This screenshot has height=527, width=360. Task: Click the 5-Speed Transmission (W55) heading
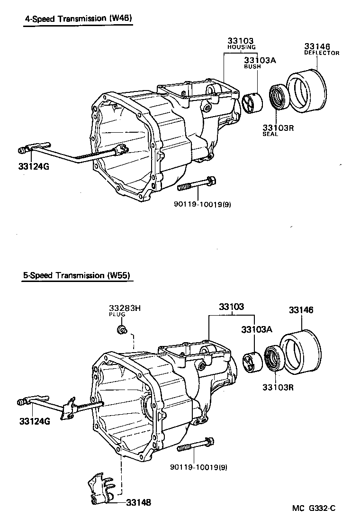tap(76, 275)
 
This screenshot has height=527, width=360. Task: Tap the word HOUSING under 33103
tap(241, 47)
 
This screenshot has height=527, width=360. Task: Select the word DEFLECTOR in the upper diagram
tap(321, 53)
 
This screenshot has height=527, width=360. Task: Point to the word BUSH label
tap(252, 67)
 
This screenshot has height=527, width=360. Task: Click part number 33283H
tap(125, 308)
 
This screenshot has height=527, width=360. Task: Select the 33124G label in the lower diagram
tap(35, 421)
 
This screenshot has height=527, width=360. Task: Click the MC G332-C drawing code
tap(313, 509)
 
